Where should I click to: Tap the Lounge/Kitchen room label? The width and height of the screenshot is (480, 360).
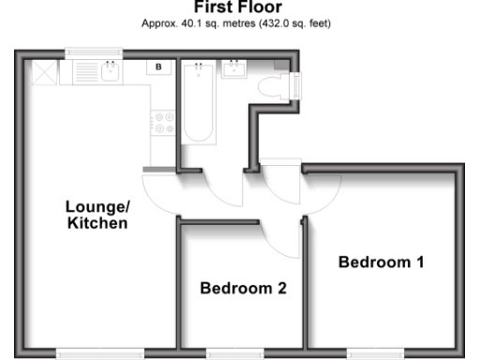click(97, 215)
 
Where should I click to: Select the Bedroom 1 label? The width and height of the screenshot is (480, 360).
click(381, 262)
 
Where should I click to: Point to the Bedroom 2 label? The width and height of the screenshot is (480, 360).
click(243, 288)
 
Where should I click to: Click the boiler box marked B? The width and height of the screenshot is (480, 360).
click(158, 67)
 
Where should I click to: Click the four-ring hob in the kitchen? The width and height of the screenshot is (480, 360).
click(164, 123)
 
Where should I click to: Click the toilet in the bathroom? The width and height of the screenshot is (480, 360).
click(277, 87)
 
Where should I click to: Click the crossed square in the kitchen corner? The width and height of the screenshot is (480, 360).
click(42, 72)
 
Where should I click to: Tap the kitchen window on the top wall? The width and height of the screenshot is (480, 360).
click(95, 52)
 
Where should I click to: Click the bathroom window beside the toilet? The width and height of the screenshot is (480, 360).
click(298, 86)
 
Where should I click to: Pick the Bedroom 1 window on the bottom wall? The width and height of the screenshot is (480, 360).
click(375, 352)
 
